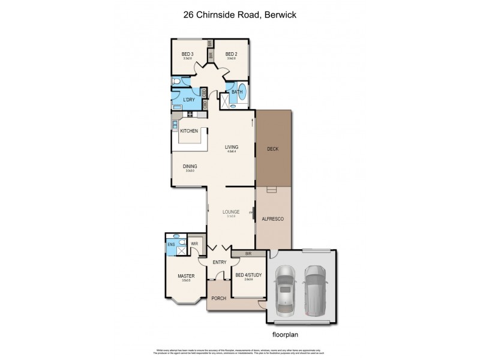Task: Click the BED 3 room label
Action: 187,54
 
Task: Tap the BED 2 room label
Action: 231,54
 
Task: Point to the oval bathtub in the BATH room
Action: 242,92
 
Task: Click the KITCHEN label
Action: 190,130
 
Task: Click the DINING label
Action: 190,167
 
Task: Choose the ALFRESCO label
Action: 272,219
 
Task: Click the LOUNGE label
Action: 231,212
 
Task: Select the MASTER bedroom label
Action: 185,276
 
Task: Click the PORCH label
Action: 218,298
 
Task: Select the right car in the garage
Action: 314,290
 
